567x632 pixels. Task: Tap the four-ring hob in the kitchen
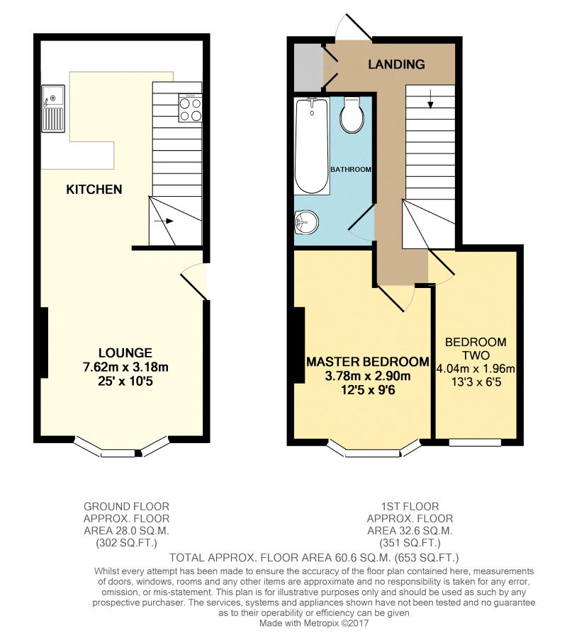click(x=189, y=109)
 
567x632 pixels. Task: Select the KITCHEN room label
click(x=94, y=190)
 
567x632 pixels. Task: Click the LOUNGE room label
click(x=125, y=352)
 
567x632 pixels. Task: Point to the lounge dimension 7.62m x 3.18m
click(x=125, y=367)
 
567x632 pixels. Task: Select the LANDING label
click(x=396, y=64)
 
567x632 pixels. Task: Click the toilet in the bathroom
click(x=352, y=115)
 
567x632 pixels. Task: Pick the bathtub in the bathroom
click(x=312, y=145)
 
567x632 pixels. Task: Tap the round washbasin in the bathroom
click(x=306, y=223)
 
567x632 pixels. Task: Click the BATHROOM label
click(x=351, y=170)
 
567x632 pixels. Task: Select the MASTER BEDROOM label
click(x=367, y=362)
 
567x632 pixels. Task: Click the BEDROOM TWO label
click(x=476, y=349)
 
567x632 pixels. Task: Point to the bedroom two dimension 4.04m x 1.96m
click(x=476, y=369)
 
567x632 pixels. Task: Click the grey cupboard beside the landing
click(x=305, y=67)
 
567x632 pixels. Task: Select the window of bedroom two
click(x=475, y=442)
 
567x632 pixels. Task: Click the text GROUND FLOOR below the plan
click(x=126, y=507)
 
